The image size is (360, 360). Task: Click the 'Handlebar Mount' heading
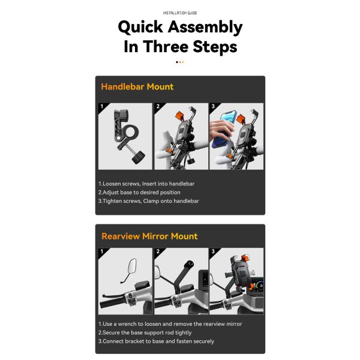click(137, 87)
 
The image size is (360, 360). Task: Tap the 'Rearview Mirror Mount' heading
click(149, 236)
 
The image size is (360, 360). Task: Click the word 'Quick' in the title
click(140, 28)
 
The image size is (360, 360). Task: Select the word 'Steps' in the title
click(215, 47)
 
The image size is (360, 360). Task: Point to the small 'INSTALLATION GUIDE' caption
click(180, 13)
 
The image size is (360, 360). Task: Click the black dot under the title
click(177, 62)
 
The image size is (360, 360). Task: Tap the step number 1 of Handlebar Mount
click(102, 106)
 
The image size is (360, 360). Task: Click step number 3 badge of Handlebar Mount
click(213, 106)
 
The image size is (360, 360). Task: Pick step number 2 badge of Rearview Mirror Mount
click(158, 251)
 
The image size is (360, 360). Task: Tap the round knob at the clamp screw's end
click(138, 157)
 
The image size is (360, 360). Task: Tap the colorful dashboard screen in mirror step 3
click(256, 286)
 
